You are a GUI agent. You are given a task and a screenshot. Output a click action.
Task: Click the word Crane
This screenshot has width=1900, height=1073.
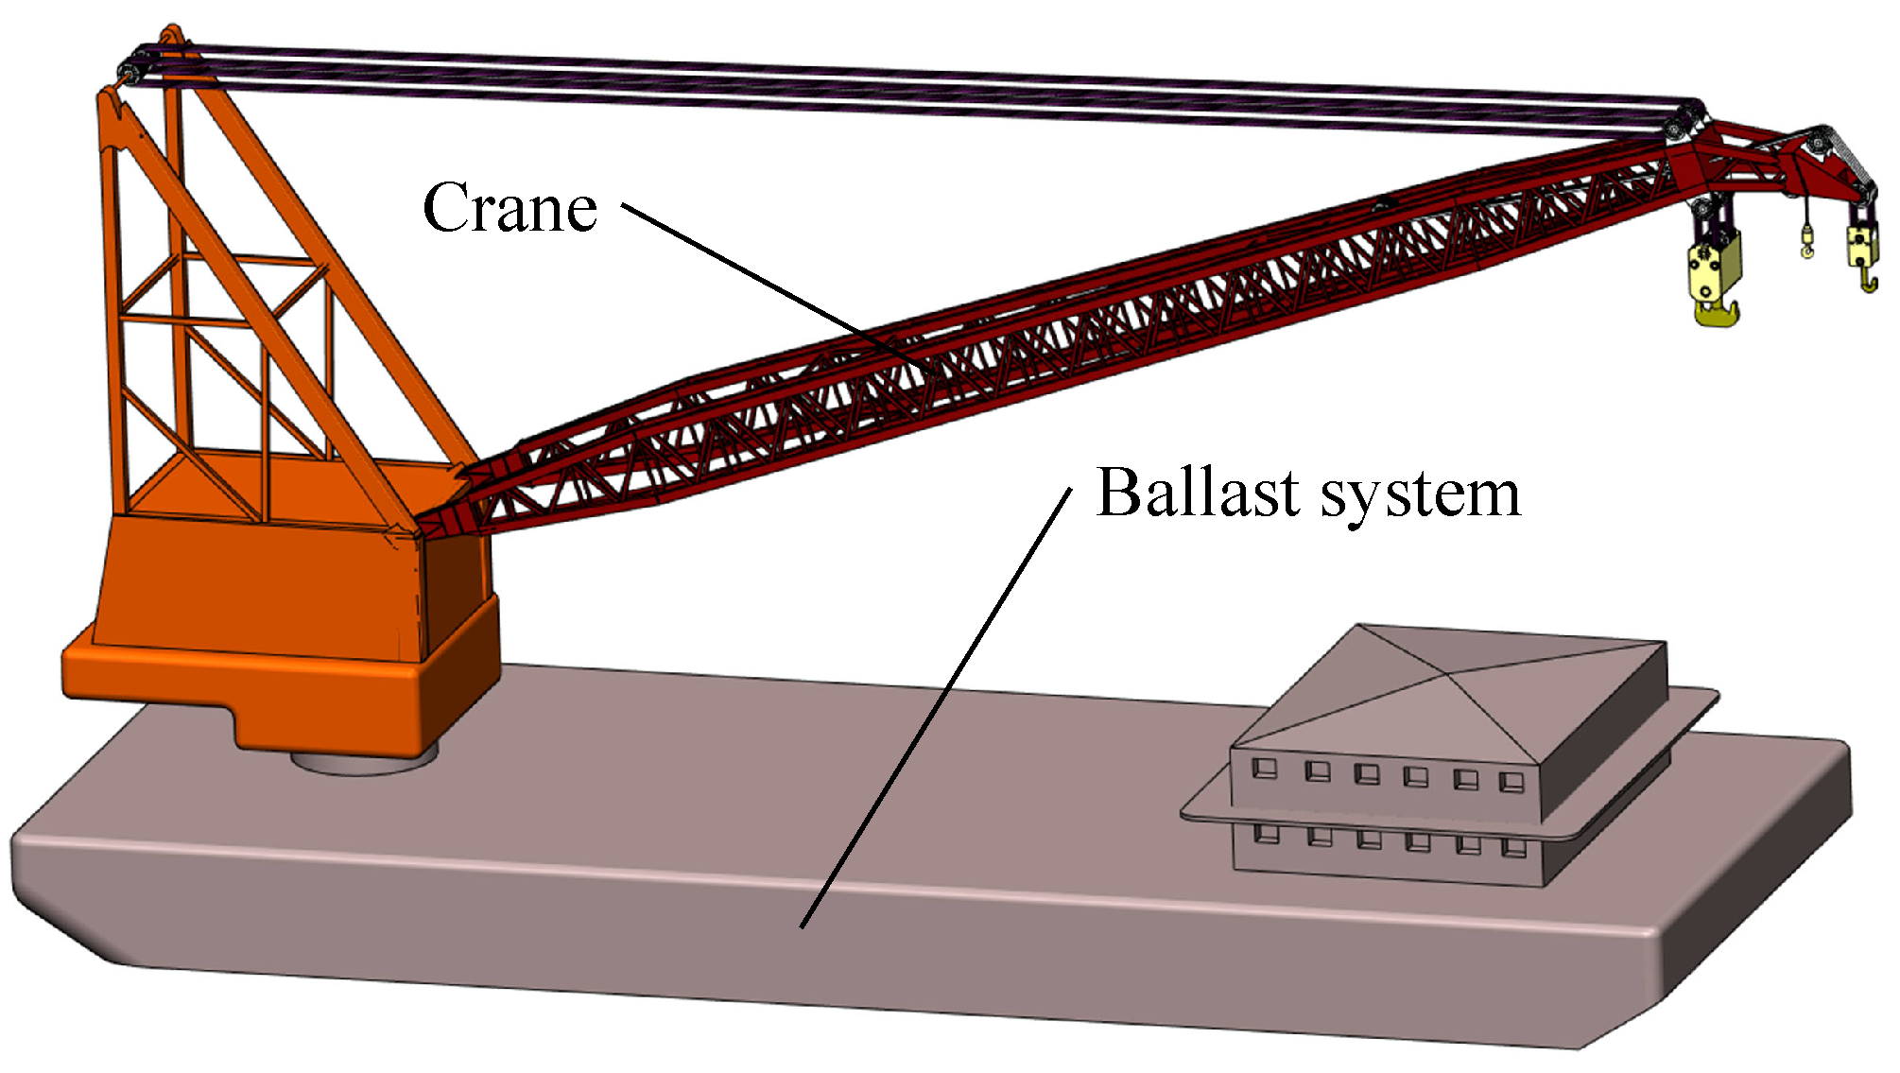click(x=510, y=208)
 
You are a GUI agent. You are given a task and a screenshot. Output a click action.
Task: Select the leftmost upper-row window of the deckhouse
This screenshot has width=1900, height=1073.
click(x=1264, y=768)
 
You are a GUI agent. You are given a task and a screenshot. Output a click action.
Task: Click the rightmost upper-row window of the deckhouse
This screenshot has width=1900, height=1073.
click(x=1511, y=781)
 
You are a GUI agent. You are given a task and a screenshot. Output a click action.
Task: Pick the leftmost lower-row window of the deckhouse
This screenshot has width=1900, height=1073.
click(x=1266, y=834)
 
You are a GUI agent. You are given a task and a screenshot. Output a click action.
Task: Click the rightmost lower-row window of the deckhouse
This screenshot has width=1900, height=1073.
click(x=1513, y=846)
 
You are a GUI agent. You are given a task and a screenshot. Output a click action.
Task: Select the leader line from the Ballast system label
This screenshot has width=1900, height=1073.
click(x=936, y=709)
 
